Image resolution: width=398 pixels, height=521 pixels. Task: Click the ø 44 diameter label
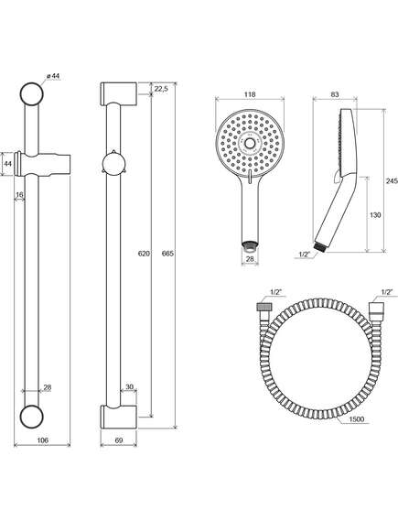[x=53, y=76]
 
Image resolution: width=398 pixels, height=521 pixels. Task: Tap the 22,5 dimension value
[x=162, y=89]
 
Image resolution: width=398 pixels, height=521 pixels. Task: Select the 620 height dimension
[x=144, y=254]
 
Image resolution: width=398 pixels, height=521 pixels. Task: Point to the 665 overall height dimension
[x=167, y=254]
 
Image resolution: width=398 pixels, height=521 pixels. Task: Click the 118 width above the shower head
[x=250, y=94]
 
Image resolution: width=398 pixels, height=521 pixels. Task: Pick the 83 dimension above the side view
[x=335, y=94]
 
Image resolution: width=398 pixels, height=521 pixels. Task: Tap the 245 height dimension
[x=392, y=181]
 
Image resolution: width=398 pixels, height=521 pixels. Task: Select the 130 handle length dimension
[x=375, y=215]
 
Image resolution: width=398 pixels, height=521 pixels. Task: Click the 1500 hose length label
[x=357, y=419]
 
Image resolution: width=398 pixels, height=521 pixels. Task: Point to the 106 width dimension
[x=42, y=440]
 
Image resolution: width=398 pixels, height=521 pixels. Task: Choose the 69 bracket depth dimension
[x=119, y=440]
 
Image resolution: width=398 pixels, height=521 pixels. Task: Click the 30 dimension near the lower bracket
[x=129, y=386]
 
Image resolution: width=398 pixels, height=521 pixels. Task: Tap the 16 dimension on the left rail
[x=19, y=195]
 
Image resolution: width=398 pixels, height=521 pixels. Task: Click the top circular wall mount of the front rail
[x=32, y=93]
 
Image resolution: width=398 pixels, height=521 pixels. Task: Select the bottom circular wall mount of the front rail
[x=32, y=417]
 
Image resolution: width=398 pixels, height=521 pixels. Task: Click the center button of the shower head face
[x=250, y=144]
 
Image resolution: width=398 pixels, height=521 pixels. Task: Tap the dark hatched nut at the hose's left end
[x=265, y=306]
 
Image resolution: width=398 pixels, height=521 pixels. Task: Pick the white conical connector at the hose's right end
[x=377, y=307]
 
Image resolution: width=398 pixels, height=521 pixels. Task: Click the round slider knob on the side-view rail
[x=113, y=164]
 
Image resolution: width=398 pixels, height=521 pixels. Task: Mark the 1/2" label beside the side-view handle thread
[x=304, y=255]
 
